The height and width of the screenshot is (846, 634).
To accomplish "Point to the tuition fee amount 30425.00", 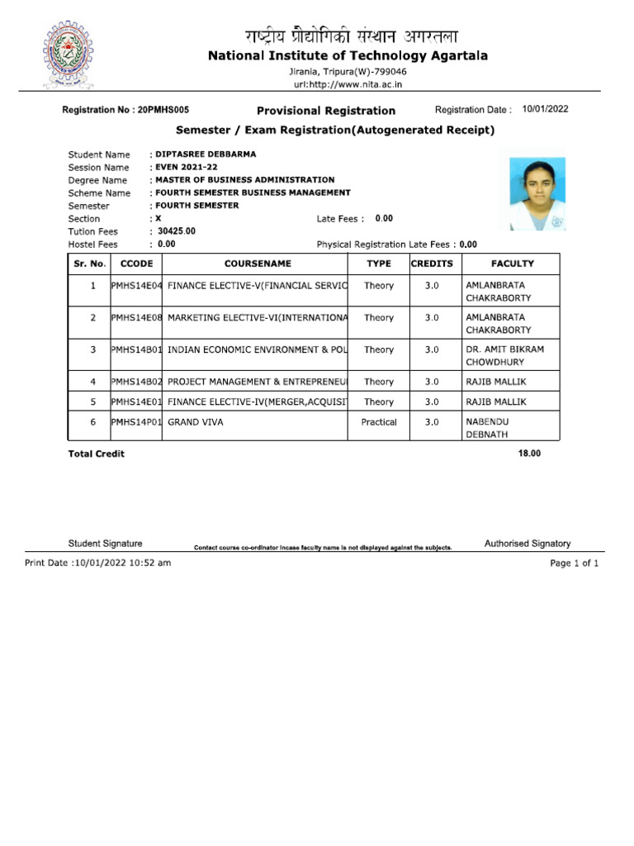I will coord(177,231).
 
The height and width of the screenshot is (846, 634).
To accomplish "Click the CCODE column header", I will coord(136,264).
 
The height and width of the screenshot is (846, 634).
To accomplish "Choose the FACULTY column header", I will coord(512,264).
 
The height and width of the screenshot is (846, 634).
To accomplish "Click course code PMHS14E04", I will coord(136,286).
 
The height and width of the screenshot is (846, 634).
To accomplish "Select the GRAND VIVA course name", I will coord(196,422).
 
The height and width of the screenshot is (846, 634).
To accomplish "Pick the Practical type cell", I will coord(379,422).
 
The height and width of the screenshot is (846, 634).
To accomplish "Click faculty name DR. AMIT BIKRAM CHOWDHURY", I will coord(504,355).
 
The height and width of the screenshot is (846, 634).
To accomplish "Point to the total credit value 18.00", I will coord(529,454).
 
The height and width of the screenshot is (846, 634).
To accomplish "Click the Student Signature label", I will coord(105,544).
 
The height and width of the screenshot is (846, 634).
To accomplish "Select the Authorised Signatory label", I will coord(527,544).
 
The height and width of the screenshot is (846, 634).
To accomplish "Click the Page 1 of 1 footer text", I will coord(574,563).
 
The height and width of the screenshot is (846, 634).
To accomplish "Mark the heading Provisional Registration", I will coord(326,111).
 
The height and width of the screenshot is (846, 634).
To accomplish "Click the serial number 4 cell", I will coord(93,382).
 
